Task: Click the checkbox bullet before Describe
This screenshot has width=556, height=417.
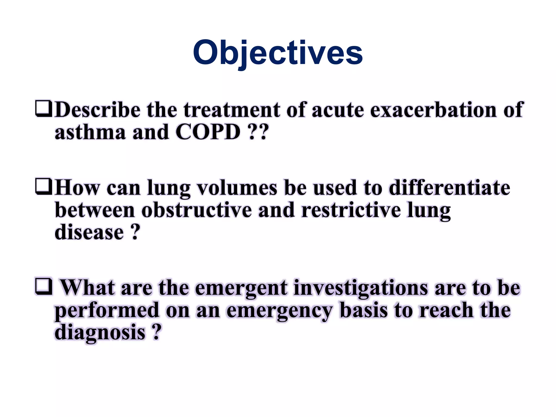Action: coord(43,109)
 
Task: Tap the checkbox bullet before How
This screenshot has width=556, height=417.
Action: coord(43,187)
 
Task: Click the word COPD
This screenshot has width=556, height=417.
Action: coord(208,132)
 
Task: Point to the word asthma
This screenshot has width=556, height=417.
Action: coord(90,132)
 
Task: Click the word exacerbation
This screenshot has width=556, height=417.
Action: coord(433,110)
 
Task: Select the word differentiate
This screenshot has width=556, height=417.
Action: coord(449,188)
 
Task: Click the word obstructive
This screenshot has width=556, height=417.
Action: coord(197,210)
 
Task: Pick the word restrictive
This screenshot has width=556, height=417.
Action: coord(351,210)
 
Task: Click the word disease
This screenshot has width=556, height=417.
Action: coord(89,232)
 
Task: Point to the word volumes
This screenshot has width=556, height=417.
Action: coord(237,188)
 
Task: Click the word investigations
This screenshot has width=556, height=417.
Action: coord(361,288)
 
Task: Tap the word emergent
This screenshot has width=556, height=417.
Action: coord(241,288)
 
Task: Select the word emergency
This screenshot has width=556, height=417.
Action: coord(280,311)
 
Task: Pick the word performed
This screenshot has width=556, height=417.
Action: coord(107,311)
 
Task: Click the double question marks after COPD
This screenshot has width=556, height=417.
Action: coord(258,132)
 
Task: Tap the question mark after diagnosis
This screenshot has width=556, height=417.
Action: coord(156,332)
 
